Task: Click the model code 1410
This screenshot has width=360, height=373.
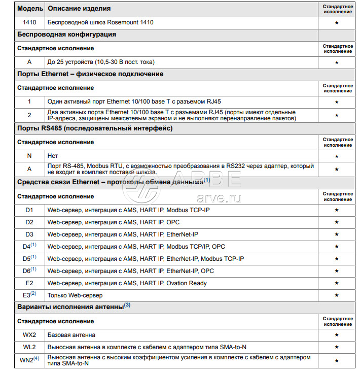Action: (x=29, y=22)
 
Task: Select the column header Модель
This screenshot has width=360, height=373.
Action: (x=29, y=9)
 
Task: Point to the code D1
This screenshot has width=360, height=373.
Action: (x=29, y=209)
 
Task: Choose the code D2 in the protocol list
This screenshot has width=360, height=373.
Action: (x=29, y=222)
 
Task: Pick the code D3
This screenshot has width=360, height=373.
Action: (x=29, y=234)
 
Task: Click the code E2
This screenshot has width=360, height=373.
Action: (x=29, y=283)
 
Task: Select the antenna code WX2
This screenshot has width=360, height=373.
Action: (x=29, y=335)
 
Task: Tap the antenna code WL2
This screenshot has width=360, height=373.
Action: (x=29, y=347)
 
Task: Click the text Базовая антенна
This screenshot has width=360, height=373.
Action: (x=71, y=335)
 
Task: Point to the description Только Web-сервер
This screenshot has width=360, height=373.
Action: (x=75, y=295)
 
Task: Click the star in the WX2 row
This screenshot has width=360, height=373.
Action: (x=337, y=335)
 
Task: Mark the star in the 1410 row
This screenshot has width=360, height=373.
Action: (x=337, y=22)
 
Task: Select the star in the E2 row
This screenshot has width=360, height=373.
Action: (x=337, y=283)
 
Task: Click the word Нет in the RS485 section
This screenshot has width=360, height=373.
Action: (x=52, y=156)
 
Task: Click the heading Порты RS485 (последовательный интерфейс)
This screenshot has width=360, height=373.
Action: (x=95, y=128)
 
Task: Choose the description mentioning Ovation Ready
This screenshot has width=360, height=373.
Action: (x=127, y=283)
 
